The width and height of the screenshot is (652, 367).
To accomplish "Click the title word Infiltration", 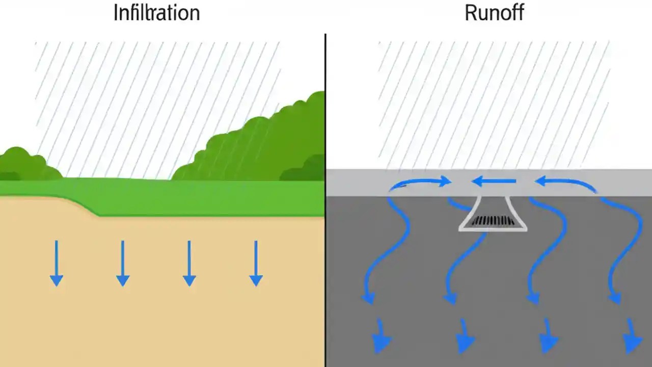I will click(156, 13).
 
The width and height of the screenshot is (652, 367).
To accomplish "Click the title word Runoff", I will click(494, 13).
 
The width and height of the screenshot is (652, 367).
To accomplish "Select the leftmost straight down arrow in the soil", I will click(57, 263).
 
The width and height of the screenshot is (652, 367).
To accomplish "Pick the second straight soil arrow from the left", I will click(123, 263).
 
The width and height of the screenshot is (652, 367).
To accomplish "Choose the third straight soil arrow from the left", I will click(189, 263).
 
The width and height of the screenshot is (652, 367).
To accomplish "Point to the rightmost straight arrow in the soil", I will click(256, 263).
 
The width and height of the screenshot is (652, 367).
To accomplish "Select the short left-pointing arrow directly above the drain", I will click(494, 181).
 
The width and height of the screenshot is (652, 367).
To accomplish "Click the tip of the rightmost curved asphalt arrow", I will click(616, 298).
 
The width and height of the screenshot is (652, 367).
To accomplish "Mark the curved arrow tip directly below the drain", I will click(450, 298).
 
